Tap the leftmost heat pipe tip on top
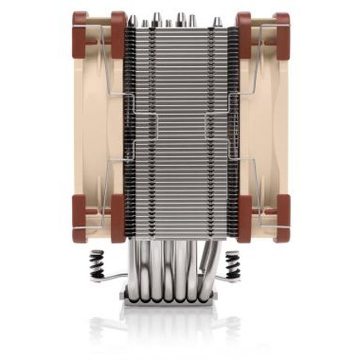tap(132, 21)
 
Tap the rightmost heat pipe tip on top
tap(218, 21)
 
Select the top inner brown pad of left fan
tap(118, 33)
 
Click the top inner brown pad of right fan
tap(243, 33)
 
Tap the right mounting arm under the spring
tap(226, 279)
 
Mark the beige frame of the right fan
tap(265, 123)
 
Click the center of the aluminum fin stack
tap(180, 129)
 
